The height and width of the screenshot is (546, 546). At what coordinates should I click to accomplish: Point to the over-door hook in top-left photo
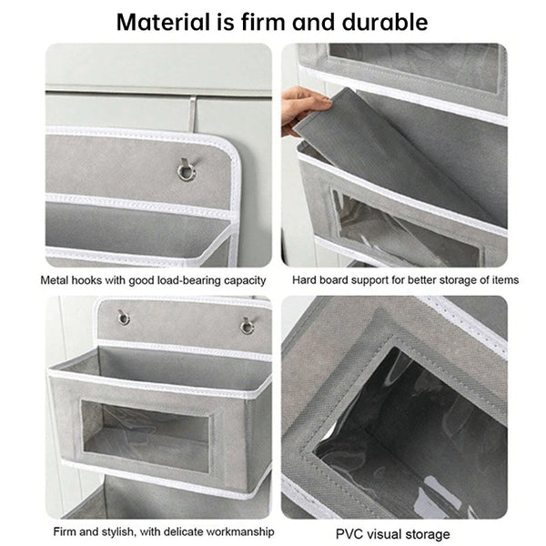pyautogui.click(x=193, y=114)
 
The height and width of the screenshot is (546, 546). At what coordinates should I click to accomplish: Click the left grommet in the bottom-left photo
pyautogui.click(x=123, y=318)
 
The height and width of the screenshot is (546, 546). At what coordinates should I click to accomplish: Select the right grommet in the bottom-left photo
pyautogui.click(x=247, y=325)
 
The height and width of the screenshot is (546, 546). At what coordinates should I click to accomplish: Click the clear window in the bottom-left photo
pyautogui.click(x=146, y=435)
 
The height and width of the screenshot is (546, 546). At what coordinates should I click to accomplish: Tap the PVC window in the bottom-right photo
pyautogui.click(x=409, y=428)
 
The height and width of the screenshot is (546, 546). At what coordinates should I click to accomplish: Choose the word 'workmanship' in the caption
pyautogui.click(x=233, y=531)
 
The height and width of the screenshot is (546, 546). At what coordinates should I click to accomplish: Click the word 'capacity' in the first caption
pyautogui.click(x=244, y=280)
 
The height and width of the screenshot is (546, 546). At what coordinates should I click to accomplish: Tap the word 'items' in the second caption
pyautogui.click(x=503, y=280)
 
